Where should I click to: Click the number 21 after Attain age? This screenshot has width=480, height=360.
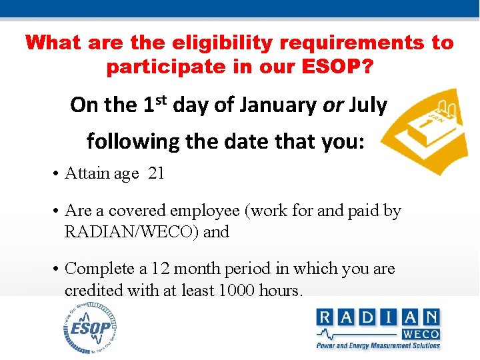(156, 173)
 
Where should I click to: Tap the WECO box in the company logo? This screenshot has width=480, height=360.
(421, 333)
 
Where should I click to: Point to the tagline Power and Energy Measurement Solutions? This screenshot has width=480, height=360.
(378, 345)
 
